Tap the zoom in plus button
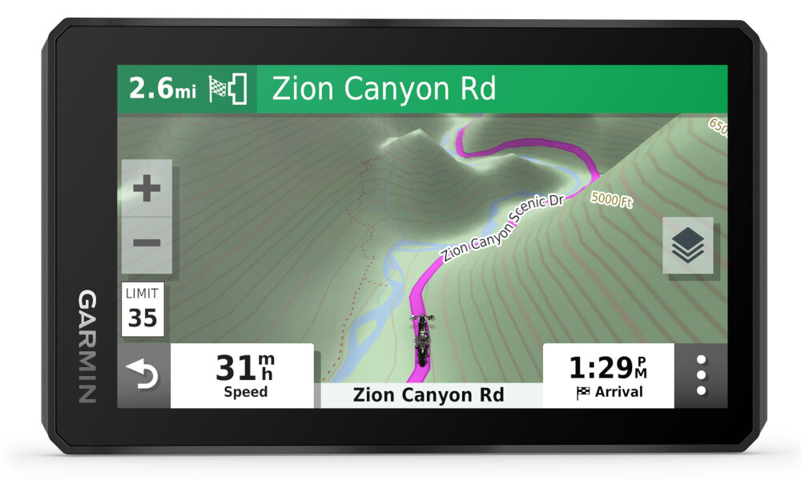pyautogui.click(x=147, y=190)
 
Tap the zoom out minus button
pyautogui.click(x=147, y=243)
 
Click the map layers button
pyautogui.click(x=687, y=245)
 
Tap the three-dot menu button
pyautogui.click(x=701, y=375)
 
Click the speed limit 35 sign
pyautogui.click(x=143, y=309)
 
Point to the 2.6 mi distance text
pyautogui.click(x=163, y=89)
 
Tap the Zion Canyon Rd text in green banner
pyautogui.click(x=384, y=89)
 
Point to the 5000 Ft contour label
pyautogui.click(x=611, y=199)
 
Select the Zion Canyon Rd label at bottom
pyautogui.click(x=428, y=395)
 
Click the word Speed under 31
pyautogui.click(x=245, y=392)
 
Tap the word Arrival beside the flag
pyautogui.click(x=618, y=392)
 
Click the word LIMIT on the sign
pyautogui.click(x=143, y=294)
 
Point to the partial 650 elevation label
pyautogui.click(x=718, y=126)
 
